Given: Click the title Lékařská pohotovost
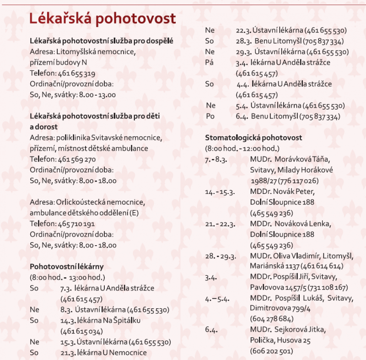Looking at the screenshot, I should (102, 19).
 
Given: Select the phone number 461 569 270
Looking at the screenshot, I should (77, 160).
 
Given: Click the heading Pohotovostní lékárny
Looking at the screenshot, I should (67, 266).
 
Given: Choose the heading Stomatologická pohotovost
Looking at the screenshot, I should (253, 138).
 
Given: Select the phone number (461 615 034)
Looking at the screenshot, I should (81, 331).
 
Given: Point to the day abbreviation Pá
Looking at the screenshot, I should (210, 63).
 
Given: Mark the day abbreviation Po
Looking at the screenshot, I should (210, 117).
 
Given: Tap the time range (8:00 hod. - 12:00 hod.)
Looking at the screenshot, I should (242, 149).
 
